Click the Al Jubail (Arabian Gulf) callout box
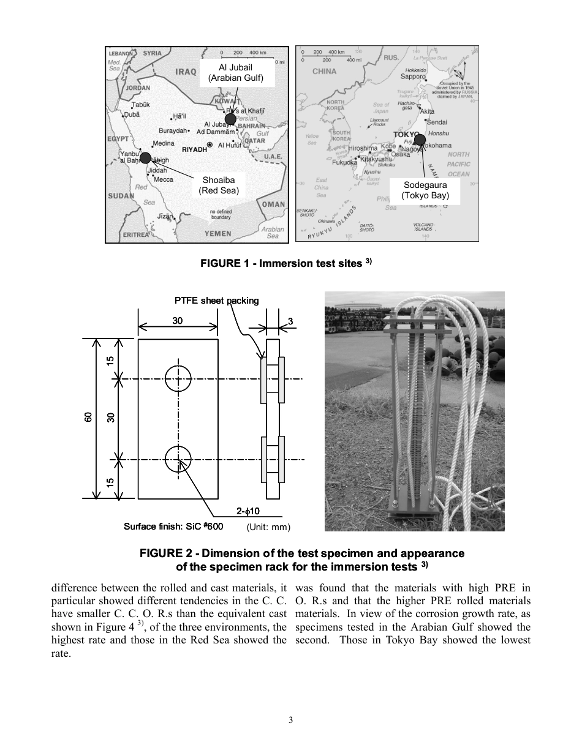pos(235,72)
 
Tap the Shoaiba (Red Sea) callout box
pos(218,185)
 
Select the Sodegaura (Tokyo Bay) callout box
pos(425,190)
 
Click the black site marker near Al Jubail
pos(230,118)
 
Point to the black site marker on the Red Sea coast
pos(145,158)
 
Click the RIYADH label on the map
pos(194,149)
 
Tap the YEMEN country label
pos(218,233)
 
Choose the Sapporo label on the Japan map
pos(413,77)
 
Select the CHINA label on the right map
pos(324,71)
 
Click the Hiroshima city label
pos(363,148)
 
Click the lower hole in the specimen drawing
pos(178,459)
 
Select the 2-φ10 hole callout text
pos(249,511)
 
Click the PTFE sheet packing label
pos(216,301)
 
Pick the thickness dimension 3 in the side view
pos(290,321)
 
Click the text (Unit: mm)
pos(268,527)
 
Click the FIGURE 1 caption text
pos(286,264)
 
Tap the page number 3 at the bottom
pos(291,720)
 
